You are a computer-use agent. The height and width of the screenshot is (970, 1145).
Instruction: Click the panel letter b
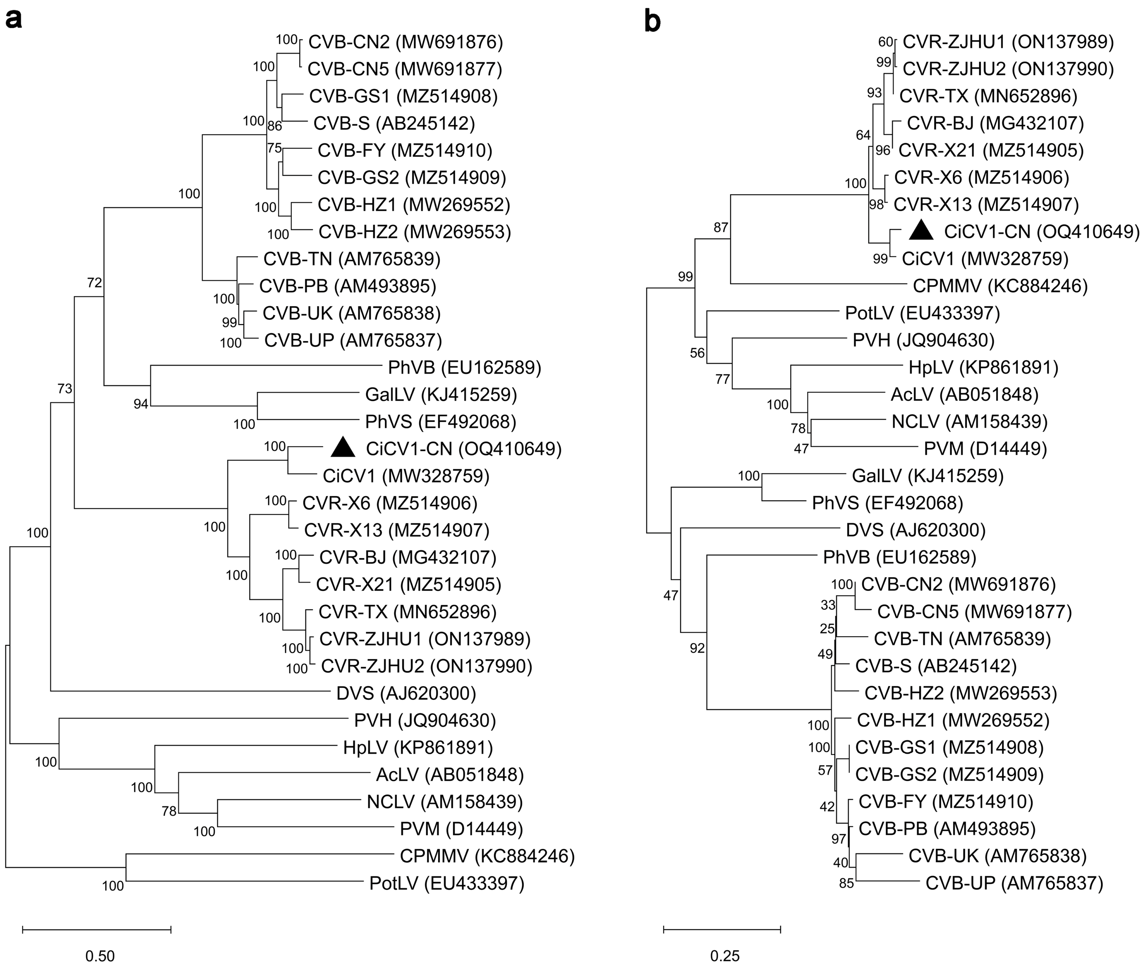point(652,21)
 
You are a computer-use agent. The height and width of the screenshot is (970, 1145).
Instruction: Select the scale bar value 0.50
point(100,956)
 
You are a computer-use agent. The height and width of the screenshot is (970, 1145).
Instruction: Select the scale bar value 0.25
point(725,956)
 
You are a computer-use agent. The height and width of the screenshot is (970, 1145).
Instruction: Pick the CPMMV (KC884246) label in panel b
point(1000,286)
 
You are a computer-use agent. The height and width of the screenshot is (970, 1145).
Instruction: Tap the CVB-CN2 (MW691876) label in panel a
point(405,42)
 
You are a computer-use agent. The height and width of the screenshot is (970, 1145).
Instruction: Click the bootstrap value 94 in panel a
point(141,404)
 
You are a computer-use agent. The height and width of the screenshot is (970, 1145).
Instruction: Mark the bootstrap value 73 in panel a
point(65,389)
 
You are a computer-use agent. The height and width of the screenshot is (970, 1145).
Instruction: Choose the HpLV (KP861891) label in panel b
point(983,367)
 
